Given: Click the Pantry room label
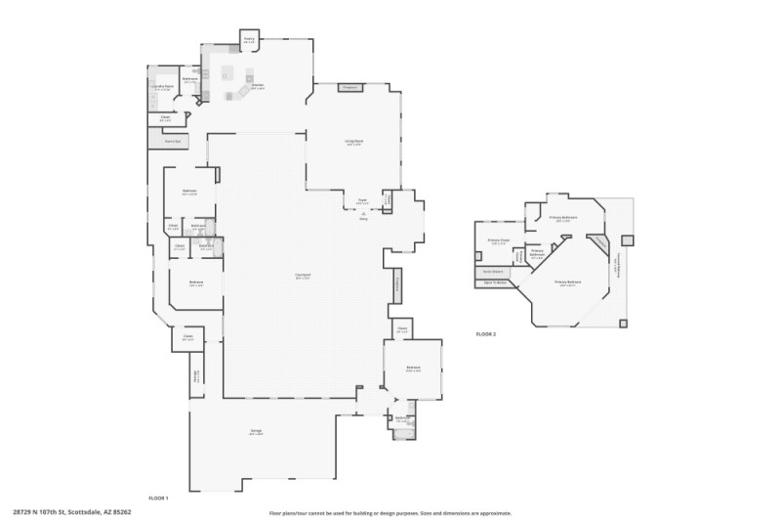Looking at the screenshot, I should tap(249, 41).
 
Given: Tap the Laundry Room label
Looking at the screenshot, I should tap(162, 87).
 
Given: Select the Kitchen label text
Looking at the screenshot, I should tap(258, 86).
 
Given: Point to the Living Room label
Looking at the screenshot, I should tap(353, 143).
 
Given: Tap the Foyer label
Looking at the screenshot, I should tap(362, 200).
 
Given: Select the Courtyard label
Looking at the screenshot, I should tap(303, 276).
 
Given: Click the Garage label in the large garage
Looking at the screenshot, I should tap(256, 432).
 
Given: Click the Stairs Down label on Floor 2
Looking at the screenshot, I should tap(492, 272).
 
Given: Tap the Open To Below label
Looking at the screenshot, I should tap(494, 283).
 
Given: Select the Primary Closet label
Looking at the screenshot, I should tap(498, 241).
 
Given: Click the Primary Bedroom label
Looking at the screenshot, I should tap(568, 282).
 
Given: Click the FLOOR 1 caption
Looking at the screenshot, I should tap(158, 499).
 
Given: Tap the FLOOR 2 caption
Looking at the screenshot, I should tap(486, 334).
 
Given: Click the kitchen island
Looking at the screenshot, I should tap(228, 72).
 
